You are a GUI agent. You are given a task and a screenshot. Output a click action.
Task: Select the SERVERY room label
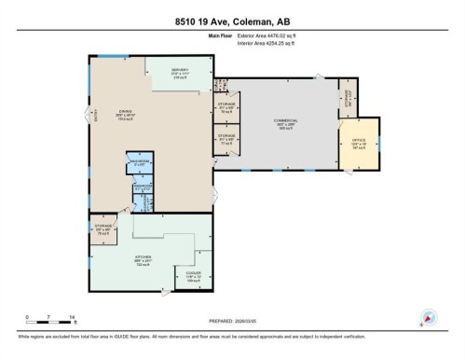179,72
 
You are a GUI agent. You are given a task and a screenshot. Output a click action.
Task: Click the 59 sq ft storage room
226,107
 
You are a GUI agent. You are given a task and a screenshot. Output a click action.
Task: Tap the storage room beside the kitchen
103,228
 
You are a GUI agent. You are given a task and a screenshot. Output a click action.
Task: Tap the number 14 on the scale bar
71,317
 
